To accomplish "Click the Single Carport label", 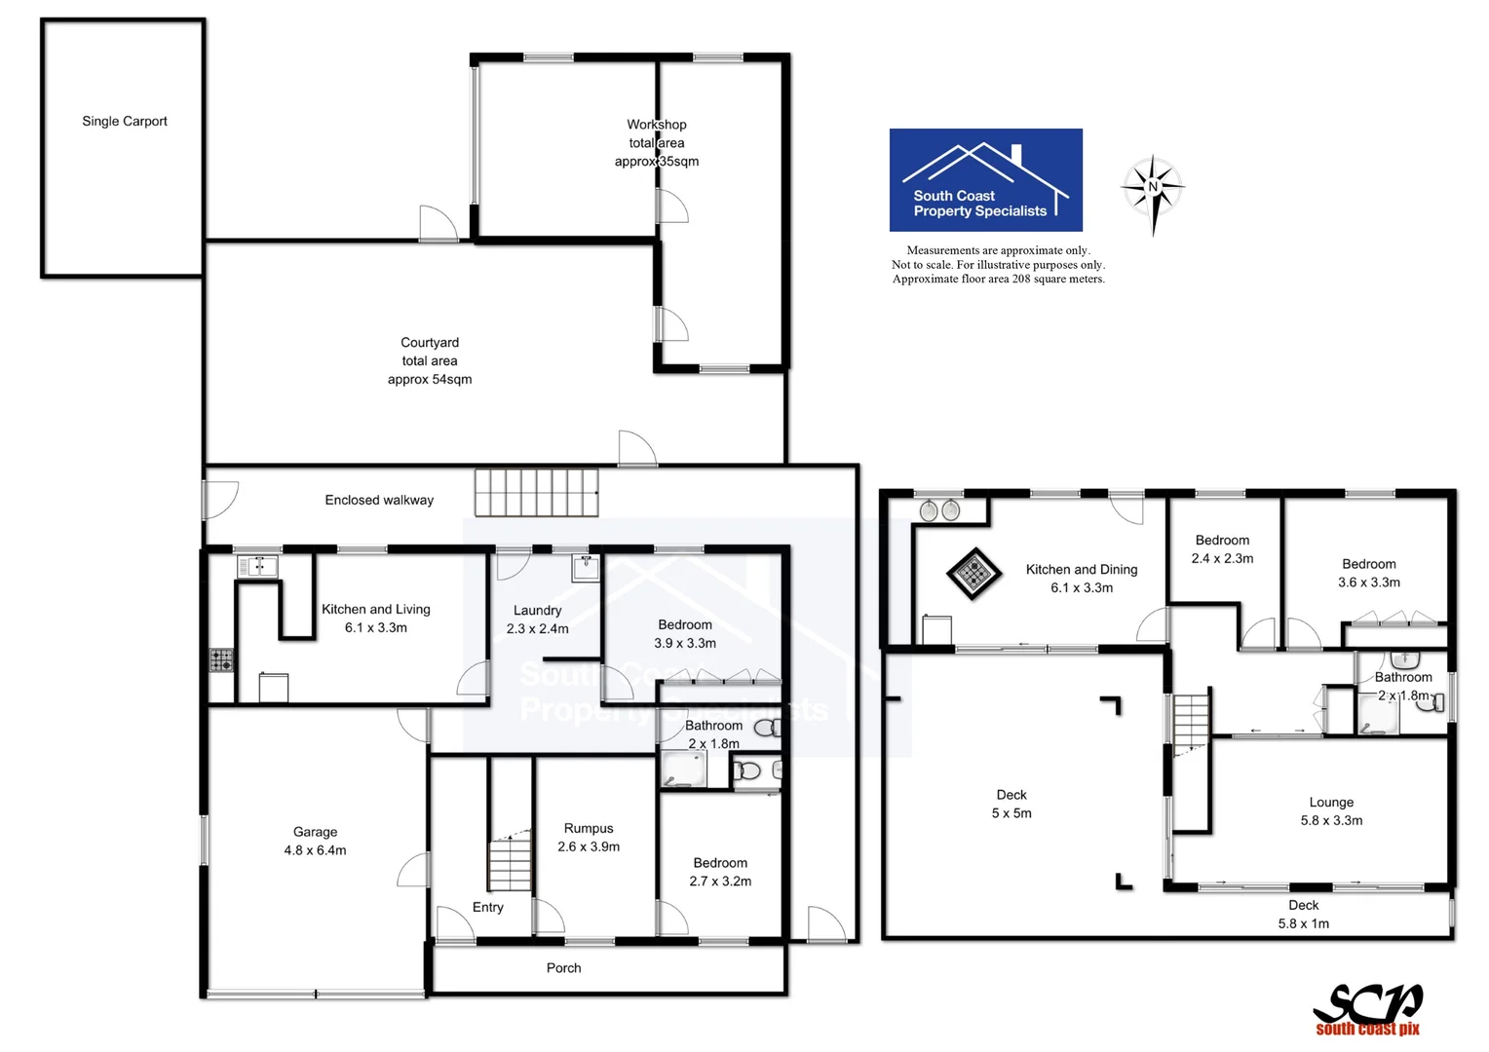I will point(125,122).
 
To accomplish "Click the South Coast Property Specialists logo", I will point(985,180).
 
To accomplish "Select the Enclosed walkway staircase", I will point(536,493).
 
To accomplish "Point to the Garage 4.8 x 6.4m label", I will point(315,841).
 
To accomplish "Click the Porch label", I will point(563,968).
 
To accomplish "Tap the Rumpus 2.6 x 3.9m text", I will point(589,838).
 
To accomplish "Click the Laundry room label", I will point(537,620).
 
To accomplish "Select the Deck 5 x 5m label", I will point(1012,804).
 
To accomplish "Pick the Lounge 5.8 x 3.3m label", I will point(1331,811).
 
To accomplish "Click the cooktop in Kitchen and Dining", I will point(974,573).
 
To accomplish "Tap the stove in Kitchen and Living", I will point(221,659).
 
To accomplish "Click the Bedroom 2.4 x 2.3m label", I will point(1222,549).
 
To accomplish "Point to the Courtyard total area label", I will point(430,360).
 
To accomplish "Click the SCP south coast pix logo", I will point(1367,1009).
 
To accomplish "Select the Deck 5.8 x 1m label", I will point(1303,915).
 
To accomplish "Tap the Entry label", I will point(488,907).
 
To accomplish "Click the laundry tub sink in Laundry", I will point(586,567).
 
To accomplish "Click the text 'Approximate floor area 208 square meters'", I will point(998,279).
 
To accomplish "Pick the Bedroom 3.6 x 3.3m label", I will point(1368,573).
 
